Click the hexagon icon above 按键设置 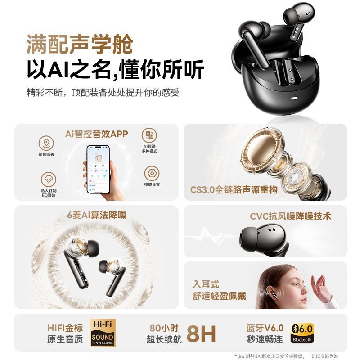(x=152, y=173)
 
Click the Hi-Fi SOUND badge (x=103, y=333)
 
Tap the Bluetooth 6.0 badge (x=302, y=333)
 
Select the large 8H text (x=201, y=333)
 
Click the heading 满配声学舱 (x=80, y=45)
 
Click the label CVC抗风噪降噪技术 (x=291, y=216)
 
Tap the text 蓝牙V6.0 (x=265, y=328)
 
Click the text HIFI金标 (x=65, y=328)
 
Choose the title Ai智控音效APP (x=96, y=134)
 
